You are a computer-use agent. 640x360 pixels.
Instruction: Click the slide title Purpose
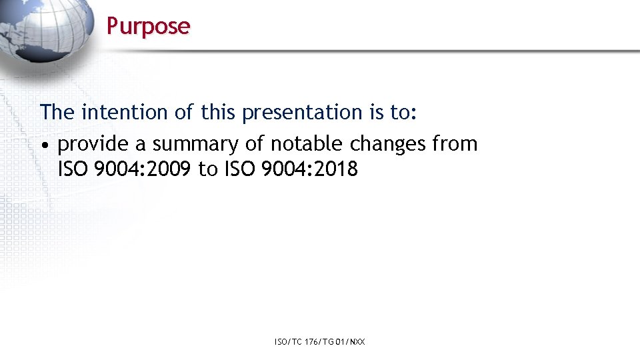(x=148, y=26)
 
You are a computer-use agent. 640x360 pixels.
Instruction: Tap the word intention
(x=125, y=112)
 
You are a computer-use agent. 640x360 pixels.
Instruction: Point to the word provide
(x=93, y=144)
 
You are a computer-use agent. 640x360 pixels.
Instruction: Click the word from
(x=455, y=143)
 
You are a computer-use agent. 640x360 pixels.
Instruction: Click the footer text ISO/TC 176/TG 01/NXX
(x=319, y=342)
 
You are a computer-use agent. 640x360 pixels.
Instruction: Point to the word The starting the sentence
(x=57, y=112)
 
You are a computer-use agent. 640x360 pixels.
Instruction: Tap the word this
(x=218, y=112)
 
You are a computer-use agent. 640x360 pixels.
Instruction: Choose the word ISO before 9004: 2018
(x=238, y=169)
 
